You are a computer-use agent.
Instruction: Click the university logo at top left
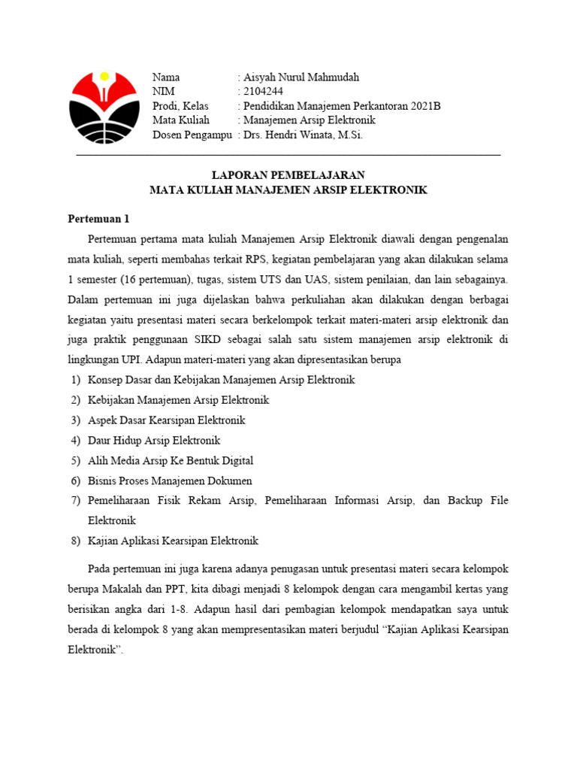pyautogui.click(x=104, y=106)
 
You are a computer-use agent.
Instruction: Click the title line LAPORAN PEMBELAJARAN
pyautogui.click(x=288, y=175)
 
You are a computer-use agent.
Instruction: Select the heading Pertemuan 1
pyautogui.click(x=98, y=219)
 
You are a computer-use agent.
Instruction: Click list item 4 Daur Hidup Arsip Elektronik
pyautogui.click(x=154, y=440)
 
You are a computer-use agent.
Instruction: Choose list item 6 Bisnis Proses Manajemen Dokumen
pyautogui.click(x=170, y=480)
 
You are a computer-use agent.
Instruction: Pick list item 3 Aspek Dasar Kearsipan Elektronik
pyautogui.click(x=167, y=420)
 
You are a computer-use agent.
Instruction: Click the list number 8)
pyautogui.click(x=75, y=541)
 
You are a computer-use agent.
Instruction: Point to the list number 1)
pyautogui.click(x=75, y=380)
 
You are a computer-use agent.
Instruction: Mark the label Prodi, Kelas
pyautogui.click(x=180, y=106)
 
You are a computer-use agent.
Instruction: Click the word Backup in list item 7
pyautogui.click(x=464, y=500)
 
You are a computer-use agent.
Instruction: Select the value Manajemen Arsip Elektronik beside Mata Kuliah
pyautogui.click(x=309, y=120)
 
